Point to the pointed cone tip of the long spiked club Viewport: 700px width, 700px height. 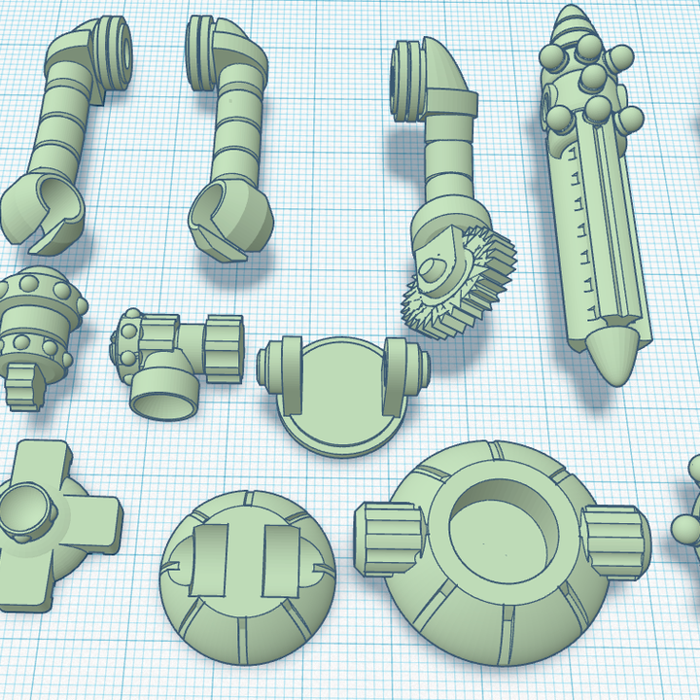click(x=613, y=354)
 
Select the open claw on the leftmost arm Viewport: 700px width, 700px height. click(x=44, y=210)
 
